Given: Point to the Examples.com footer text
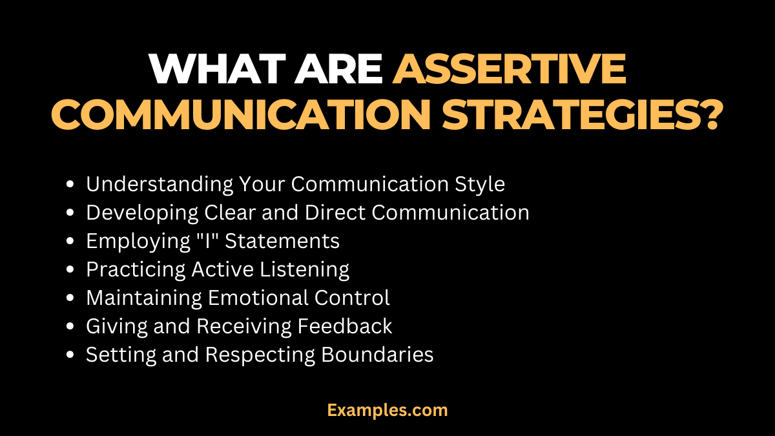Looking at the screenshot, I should [387, 410].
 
